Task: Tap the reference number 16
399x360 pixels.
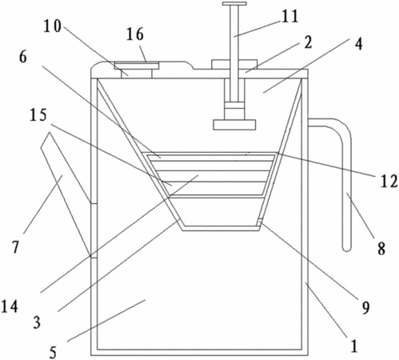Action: tap(135, 34)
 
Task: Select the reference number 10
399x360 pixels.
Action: tap(53, 26)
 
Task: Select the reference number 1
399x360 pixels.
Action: tap(354, 346)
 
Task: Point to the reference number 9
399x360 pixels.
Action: tap(365, 308)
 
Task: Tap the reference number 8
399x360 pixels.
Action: tap(381, 249)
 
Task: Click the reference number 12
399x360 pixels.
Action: tap(389, 182)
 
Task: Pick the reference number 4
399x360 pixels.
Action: tap(358, 44)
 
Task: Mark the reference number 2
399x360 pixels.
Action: tap(308, 42)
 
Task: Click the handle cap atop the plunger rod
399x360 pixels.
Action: tap(234, 4)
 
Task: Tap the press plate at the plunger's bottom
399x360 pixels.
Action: tap(234, 125)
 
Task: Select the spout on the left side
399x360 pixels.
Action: tap(66, 193)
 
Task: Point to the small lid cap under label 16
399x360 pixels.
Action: tap(137, 65)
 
